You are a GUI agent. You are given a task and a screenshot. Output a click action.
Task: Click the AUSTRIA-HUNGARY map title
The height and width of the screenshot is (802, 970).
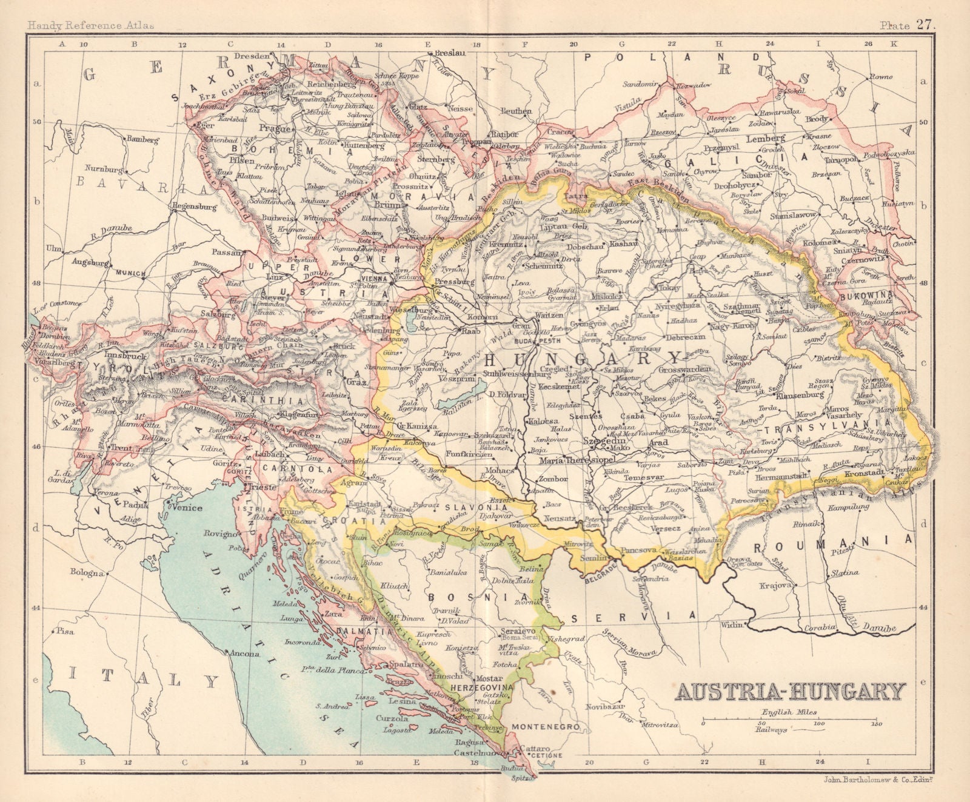pos(790,691)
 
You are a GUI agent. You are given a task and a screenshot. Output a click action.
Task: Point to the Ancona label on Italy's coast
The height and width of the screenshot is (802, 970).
pos(241,653)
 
